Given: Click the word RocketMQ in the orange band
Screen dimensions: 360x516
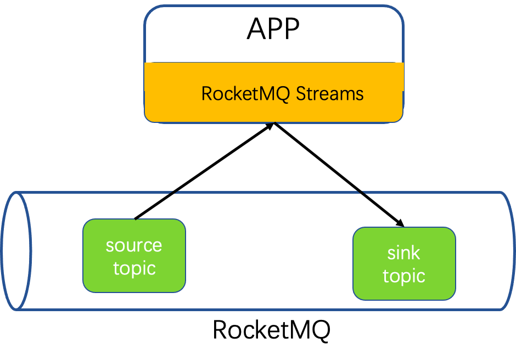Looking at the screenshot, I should point(246,94).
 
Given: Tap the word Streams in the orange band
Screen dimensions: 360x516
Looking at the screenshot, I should point(330,94).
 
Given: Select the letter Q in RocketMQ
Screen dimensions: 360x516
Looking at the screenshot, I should point(283,94).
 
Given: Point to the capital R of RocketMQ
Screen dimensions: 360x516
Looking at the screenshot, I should point(207,94).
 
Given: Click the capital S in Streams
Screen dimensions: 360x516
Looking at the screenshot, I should point(301,94).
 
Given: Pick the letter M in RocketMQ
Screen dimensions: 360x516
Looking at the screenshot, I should point(270,94).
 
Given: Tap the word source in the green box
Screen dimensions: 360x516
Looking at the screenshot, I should point(134,245).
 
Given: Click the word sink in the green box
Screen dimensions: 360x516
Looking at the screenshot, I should point(403,253).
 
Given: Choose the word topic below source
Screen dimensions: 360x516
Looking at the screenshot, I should point(134,268).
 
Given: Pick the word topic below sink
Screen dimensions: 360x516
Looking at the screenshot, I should point(404,276).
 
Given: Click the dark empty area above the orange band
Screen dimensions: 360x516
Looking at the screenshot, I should point(273,34).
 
